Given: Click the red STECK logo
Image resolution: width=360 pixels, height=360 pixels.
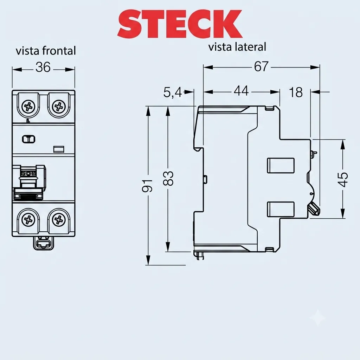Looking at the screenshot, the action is click(x=180, y=24).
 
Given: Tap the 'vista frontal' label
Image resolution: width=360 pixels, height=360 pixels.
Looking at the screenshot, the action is click(x=46, y=51).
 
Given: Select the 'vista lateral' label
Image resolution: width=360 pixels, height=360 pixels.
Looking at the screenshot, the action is click(x=237, y=47).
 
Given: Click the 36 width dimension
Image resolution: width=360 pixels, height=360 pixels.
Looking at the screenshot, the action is click(x=43, y=67).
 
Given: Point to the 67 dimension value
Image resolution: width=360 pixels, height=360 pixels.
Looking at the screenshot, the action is click(x=261, y=66).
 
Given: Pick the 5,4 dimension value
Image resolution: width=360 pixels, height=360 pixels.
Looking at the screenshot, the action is click(x=172, y=92).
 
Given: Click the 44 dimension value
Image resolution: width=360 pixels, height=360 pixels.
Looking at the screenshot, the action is click(x=241, y=91).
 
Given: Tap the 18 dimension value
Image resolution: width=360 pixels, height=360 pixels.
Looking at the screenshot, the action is click(x=296, y=92).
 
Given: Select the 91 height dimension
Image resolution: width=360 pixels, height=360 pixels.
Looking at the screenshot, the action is click(x=147, y=186).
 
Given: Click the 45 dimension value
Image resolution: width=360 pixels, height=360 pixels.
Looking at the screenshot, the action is click(x=343, y=179).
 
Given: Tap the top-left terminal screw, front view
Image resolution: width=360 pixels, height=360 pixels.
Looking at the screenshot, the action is click(x=28, y=107).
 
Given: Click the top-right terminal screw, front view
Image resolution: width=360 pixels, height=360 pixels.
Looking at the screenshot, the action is click(x=59, y=107).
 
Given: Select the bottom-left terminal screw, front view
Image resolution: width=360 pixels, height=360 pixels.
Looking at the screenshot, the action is click(x=28, y=220).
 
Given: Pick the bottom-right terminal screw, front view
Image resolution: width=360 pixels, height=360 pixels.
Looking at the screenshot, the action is click(x=59, y=220).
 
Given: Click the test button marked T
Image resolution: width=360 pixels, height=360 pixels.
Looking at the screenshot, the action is click(x=29, y=139).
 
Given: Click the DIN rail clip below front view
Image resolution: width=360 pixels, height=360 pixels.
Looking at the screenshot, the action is click(x=44, y=243).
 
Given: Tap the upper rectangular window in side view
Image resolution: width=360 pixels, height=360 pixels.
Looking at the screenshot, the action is click(x=281, y=165).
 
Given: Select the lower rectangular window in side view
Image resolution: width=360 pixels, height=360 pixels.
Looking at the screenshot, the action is click(x=281, y=209).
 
